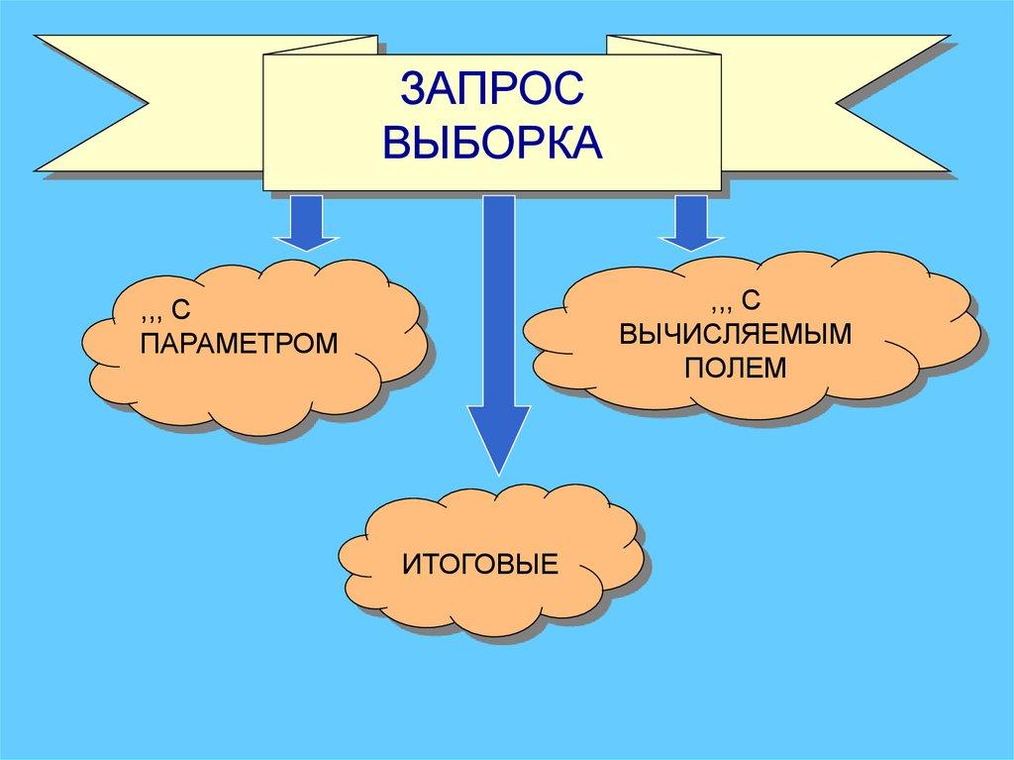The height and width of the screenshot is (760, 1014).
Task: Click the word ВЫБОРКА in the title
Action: click(x=492, y=142)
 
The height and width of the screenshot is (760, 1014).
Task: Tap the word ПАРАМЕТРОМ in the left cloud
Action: click(x=239, y=343)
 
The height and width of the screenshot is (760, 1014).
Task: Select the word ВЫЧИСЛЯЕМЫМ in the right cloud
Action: click(x=736, y=333)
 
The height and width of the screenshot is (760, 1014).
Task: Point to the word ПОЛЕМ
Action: click(x=736, y=368)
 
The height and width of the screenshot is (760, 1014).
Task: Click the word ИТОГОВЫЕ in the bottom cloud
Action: click(x=480, y=566)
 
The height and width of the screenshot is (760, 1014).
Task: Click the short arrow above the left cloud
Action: click(x=306, y=224)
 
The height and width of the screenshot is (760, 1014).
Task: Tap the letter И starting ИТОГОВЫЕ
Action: click(x=411, y=566)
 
